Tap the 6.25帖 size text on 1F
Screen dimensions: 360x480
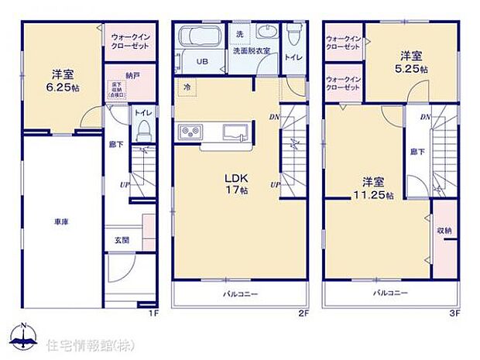[x=62, y=88]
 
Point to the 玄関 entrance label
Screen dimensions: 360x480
[x=121, y=240]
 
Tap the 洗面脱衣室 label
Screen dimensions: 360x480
[x=252, y=51]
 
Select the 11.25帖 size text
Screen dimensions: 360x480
[x=373, y=194]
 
